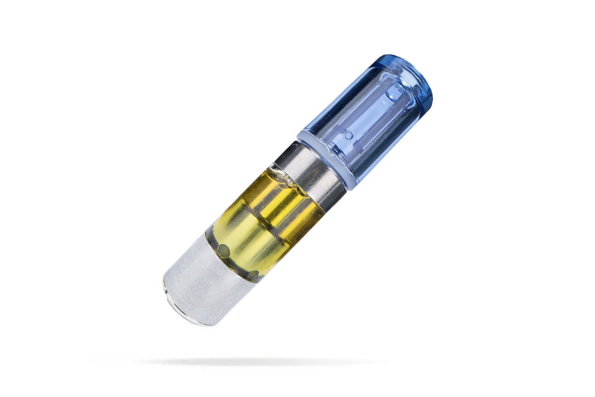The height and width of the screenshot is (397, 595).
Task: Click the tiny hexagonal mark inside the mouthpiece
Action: point(349,134)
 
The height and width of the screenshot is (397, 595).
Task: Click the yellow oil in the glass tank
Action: point(268,218)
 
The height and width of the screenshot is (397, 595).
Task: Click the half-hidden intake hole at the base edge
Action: point(253,274)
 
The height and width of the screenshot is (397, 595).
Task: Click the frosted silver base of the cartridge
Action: point(203,283)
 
